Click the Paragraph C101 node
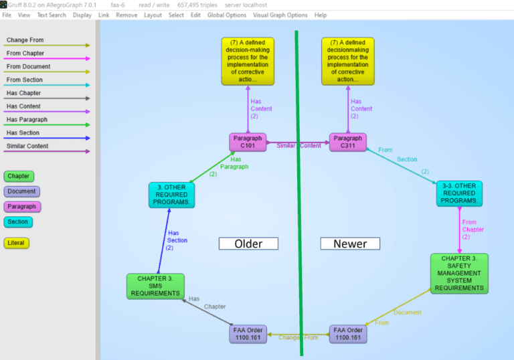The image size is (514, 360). [247, 142]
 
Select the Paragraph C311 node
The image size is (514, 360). [347, 142]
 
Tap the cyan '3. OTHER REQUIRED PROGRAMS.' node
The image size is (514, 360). [171, 194]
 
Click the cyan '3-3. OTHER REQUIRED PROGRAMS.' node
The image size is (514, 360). [459, 193]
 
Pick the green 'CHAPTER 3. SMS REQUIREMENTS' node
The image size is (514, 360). [155, 286]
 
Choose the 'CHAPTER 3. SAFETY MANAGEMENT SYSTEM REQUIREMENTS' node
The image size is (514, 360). [459, 273]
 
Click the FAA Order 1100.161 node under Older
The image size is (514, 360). [248, 334]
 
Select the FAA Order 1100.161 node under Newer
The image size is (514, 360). [347, 334]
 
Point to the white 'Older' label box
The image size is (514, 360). [248, 244]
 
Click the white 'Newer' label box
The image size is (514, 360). [349, 244]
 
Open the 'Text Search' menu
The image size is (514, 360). [52, 15]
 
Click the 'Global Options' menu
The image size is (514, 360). [226, 15]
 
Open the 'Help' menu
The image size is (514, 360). [321, 15]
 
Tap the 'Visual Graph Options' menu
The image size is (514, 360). [280, 15]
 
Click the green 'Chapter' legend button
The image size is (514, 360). [19, 177]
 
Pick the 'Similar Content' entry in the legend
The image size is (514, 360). [27, 146]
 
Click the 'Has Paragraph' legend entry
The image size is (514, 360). [27, 119]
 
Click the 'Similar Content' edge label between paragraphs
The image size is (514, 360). [298, 145]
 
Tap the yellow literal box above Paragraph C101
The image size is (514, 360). [247, 61]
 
